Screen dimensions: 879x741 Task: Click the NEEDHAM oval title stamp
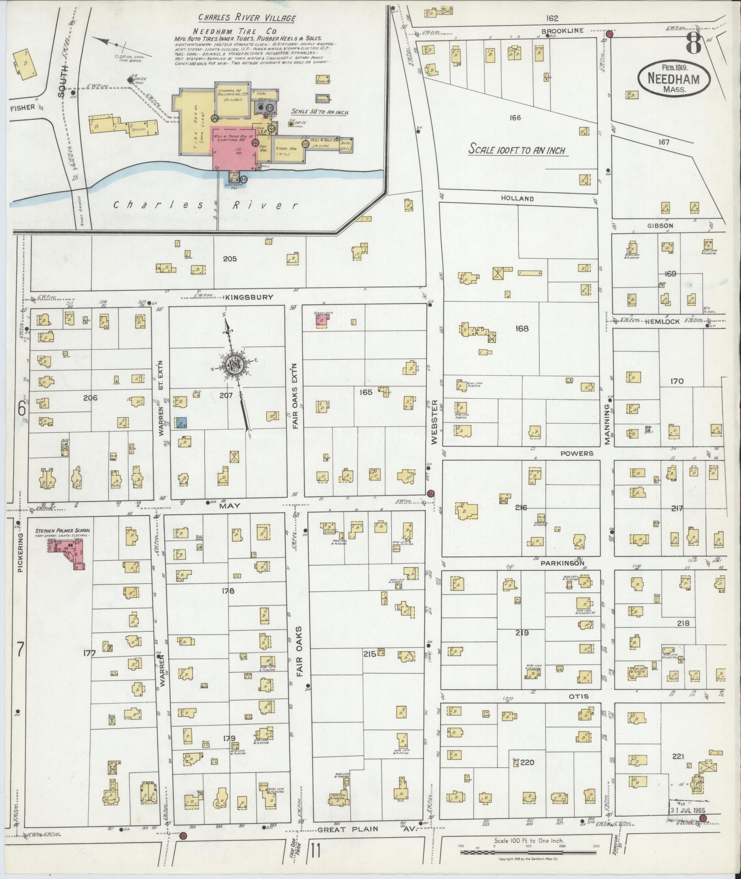(673, 79)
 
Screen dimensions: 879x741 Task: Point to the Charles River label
(206, 205)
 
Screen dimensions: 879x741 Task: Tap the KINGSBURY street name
(249, 297)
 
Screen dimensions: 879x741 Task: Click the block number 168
(522, 329)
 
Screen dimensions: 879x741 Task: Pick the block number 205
(230, 259)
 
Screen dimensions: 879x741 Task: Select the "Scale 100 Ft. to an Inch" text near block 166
(517, 150)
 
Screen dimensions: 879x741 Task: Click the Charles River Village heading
(247, 18)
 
